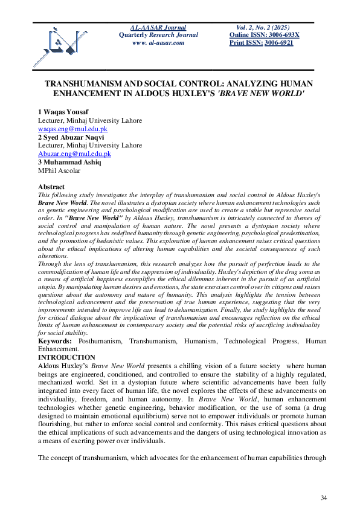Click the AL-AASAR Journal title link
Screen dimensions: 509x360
158,28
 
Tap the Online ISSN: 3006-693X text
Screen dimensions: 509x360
264,35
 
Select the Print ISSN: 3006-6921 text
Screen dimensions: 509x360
261,43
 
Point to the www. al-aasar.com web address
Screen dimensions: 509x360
158,43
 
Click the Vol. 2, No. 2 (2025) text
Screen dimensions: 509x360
264,28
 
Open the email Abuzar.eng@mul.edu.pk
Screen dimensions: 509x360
74,154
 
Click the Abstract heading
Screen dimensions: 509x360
51,187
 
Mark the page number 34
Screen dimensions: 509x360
323,497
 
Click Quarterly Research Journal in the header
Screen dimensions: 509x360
158,35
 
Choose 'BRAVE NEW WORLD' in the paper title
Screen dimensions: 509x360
263,95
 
